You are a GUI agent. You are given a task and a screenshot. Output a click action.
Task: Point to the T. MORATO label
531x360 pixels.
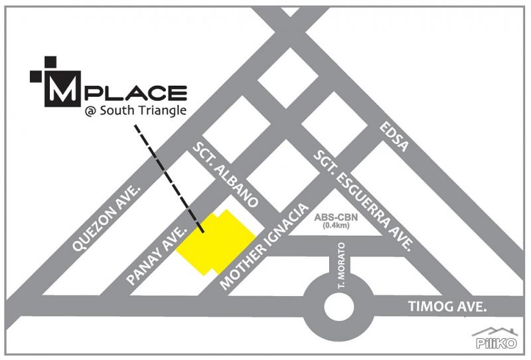(x=338, y=278)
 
